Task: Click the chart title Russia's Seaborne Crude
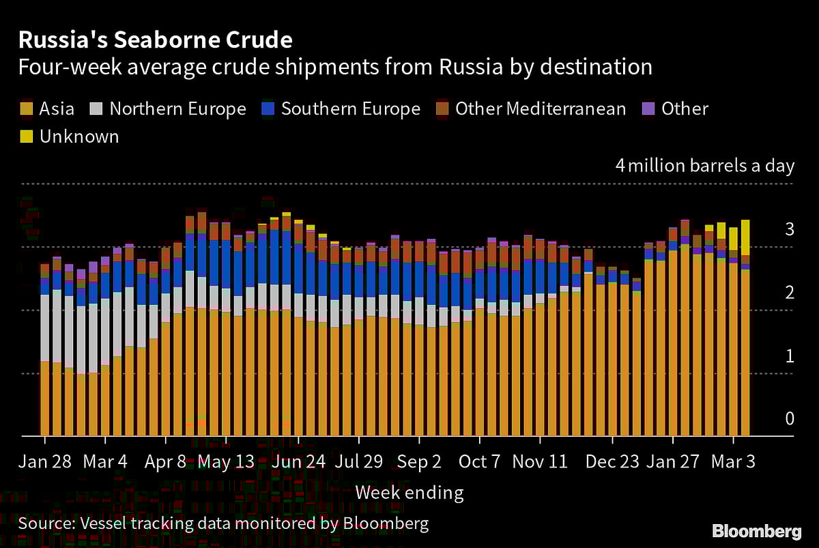(155, 40)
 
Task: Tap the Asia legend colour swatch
(26, 109)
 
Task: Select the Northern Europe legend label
(177, 109)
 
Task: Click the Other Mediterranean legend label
(540, 109)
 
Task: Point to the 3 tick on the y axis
(790, 229)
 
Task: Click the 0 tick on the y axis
(790, 418)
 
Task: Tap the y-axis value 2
(790, 293)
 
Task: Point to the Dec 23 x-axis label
(612, 461)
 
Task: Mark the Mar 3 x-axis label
(734, 461)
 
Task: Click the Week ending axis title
(409, 492)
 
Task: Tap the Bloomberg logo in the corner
(756, 531)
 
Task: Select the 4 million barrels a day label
(705, 166)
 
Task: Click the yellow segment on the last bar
(745, 237)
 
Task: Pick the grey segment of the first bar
(45, 328)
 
